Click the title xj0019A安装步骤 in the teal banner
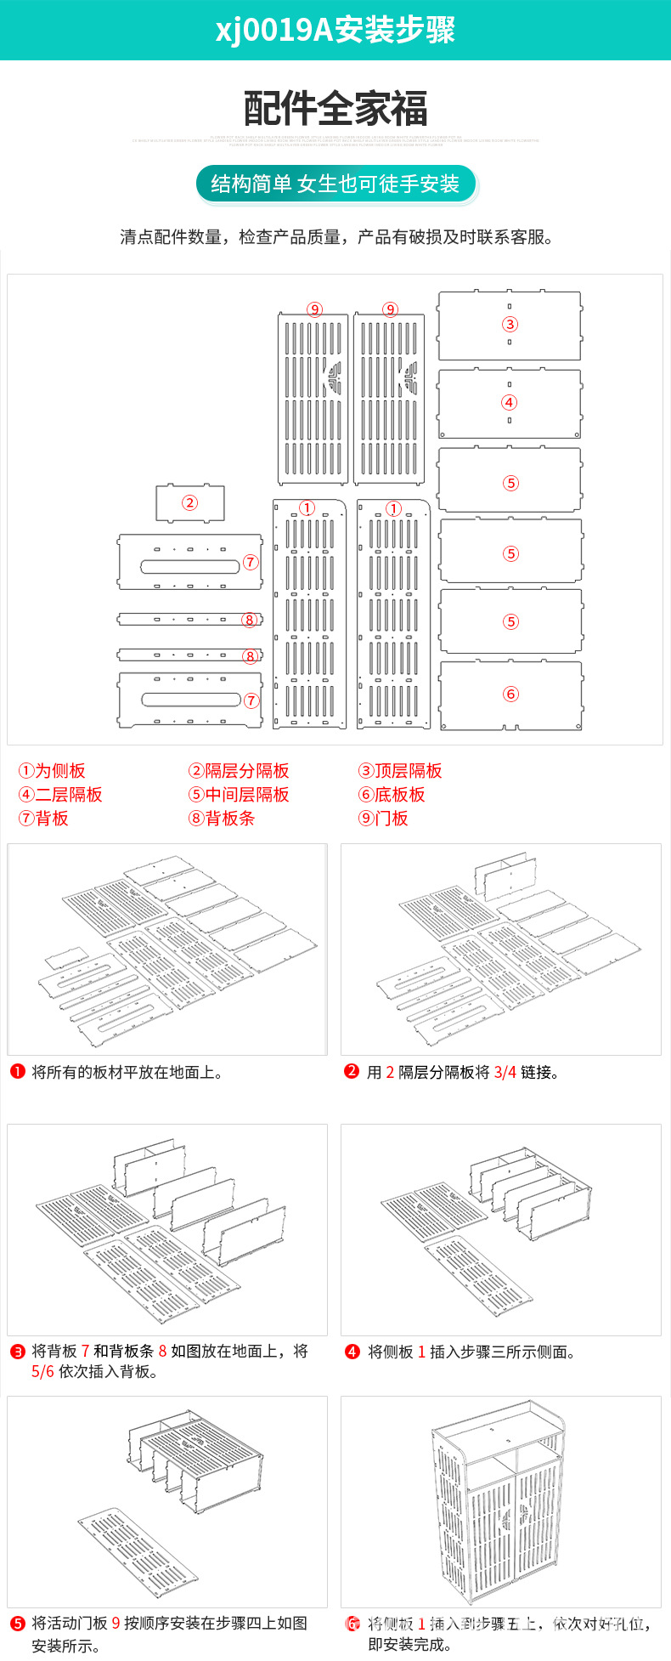(335, 30)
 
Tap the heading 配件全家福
(335, 109)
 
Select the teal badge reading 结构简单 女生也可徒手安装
(335, 184)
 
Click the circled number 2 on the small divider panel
(189, 502)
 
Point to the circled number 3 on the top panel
(510, 324)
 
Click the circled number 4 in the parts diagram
(509, 402)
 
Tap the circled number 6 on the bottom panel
(510, 694)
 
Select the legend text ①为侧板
(52, 771)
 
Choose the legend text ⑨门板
(383, 819)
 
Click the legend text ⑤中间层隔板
(239, 795)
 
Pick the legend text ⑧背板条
(222, 819)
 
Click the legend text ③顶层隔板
(400, 771)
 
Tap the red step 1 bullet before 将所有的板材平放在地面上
(17, 1072)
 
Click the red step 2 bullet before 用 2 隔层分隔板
(352, 1072)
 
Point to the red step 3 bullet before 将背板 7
(17, 1351)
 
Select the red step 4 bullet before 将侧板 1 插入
(352, 1351)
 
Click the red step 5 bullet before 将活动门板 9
(17, 1623)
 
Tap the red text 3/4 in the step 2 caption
(505, 1073)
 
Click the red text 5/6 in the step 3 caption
(42, 1371)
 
